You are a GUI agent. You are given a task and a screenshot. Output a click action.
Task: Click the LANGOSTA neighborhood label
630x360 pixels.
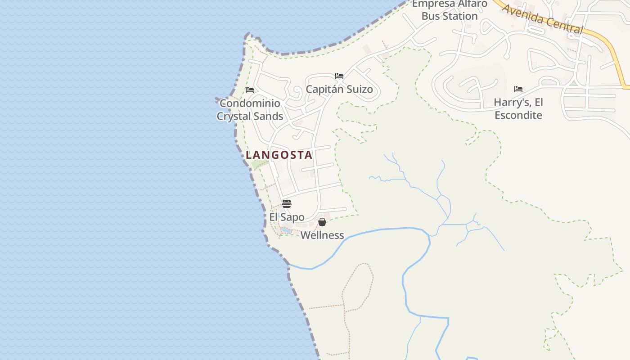tap(279, 155)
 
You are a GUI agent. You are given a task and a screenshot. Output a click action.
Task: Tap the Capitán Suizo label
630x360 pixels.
tap(339, 89)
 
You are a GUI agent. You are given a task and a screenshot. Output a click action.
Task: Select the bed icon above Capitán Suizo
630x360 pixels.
tap(339, 76)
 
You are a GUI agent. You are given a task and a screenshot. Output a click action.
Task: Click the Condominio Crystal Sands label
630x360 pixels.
tap(250, 110)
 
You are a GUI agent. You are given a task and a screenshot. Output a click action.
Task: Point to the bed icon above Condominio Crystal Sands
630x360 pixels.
tap(250, 90)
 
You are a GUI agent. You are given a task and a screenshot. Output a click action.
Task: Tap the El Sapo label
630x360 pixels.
tap(287, 217)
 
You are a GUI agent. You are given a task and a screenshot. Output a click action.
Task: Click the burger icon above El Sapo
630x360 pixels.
tap(287, 203)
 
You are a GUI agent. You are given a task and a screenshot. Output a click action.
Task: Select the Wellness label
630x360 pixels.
tap(322, 235)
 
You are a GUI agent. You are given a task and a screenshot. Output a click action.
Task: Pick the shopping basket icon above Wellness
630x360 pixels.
tap(322, 222)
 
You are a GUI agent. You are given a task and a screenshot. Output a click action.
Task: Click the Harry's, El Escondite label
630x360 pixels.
tap(518, 108)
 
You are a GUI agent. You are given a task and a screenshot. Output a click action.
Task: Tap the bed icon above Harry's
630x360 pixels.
tap(518, 89)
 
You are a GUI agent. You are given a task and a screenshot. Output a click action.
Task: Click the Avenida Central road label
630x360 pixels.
tap(542, 19)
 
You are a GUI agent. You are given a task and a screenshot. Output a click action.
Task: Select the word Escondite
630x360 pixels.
tap(518, 115)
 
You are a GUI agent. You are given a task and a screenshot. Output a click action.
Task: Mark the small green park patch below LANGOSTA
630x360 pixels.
tap(258, 164)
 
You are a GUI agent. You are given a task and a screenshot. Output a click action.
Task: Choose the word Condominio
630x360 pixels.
tap(250, 103)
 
